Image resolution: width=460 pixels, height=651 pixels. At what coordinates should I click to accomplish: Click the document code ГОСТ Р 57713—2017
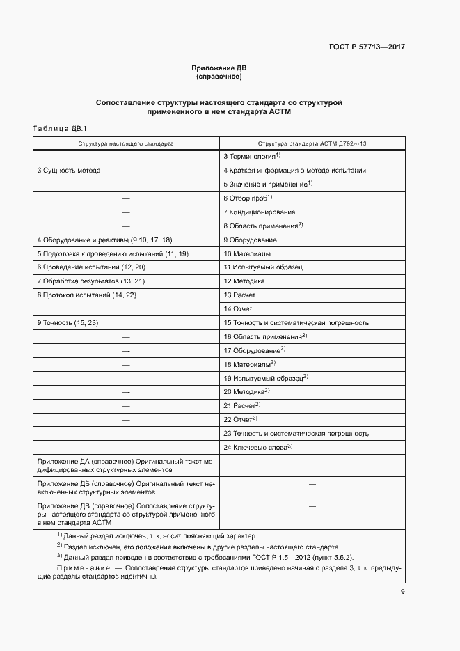point(367,47)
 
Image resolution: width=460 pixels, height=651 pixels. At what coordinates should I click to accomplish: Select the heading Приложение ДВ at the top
point(219,68)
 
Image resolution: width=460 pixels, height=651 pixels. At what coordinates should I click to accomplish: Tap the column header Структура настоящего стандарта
point(126,143)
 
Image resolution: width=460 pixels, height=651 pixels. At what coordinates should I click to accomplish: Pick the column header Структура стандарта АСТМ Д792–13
point(312,143)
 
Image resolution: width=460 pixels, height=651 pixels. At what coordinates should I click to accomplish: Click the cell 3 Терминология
point(251,157)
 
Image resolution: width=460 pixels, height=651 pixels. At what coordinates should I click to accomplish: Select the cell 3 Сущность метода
point(68,171)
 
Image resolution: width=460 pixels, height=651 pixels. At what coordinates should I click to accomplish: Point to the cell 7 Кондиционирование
point(259,212)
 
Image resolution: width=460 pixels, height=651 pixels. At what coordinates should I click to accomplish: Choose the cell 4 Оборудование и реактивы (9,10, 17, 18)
point(104,240)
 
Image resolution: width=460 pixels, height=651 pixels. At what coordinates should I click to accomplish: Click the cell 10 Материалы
point(247,253)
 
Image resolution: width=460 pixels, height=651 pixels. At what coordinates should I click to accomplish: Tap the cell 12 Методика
point(244,281)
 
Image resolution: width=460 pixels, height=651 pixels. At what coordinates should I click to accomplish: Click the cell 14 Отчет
point(238,308)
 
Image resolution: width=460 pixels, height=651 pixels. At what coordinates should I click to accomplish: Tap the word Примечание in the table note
point(83,568)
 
